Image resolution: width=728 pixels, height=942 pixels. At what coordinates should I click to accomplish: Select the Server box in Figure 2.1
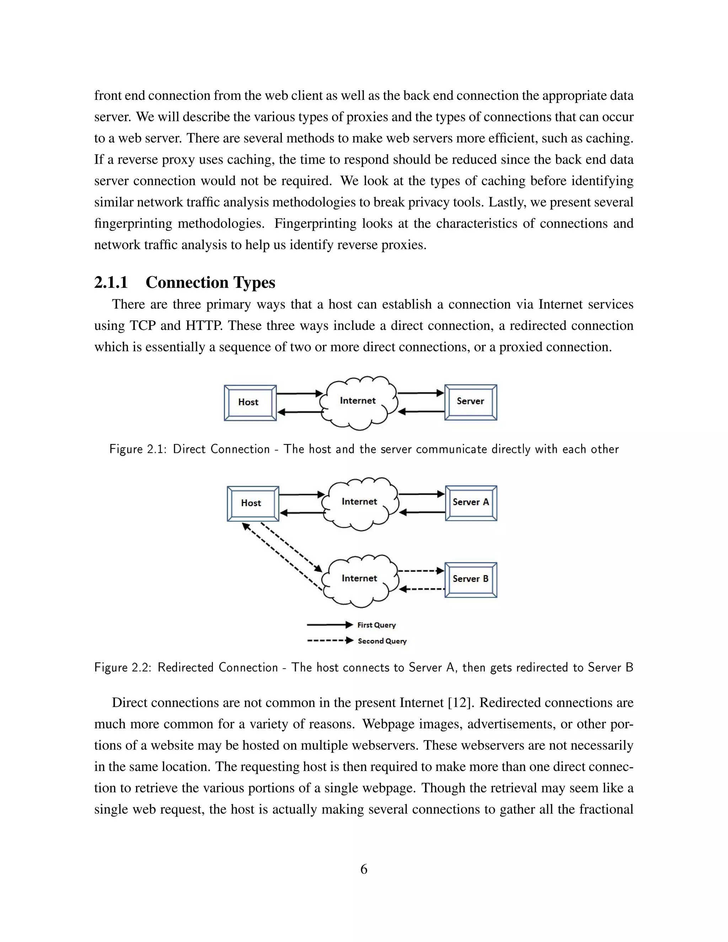pyautogui.click(x=471, y=402)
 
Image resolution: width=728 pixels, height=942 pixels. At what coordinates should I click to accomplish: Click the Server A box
pyautogui.click(x=471, y=503)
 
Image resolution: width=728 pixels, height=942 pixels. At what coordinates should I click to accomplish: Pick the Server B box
pyautogui.click(x=471, y=579)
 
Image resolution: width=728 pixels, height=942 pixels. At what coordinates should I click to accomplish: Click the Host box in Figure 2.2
pyautogui.click(x=253, y=503)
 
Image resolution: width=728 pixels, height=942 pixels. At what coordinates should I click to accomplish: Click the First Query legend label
pyautogui.click(x=376, y=625)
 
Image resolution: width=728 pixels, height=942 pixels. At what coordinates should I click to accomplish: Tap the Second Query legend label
pyautogui.click(x=382, y=641)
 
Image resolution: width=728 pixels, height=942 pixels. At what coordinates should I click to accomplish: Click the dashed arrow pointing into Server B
pyautogui.click(x=421, y=571)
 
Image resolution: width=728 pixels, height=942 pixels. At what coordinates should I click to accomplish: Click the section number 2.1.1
pyautogui.click(x=111, y=283)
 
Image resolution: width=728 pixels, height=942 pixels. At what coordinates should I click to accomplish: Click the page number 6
pyautogui.click(x=364, y=869)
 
